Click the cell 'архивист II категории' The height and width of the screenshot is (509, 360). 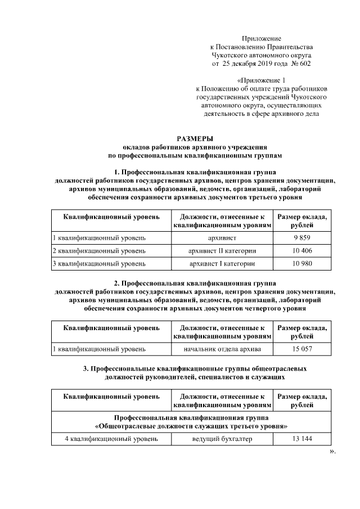pyautogui.click(x=222, y=251)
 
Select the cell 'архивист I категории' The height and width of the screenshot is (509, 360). pyautogui.click(x=222, y=263)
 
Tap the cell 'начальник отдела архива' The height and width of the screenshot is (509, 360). pyautogui.click(x=222, y=349)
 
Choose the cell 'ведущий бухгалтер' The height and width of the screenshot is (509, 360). pyautogui.click(x=222, y=439)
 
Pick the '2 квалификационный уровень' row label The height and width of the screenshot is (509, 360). pyautogui.click(x=99, y=251)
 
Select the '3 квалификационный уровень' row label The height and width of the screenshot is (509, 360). pyautogui.click(x=99, y=263)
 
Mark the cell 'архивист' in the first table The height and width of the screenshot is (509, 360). pyautogui.click(x=222, y=238)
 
